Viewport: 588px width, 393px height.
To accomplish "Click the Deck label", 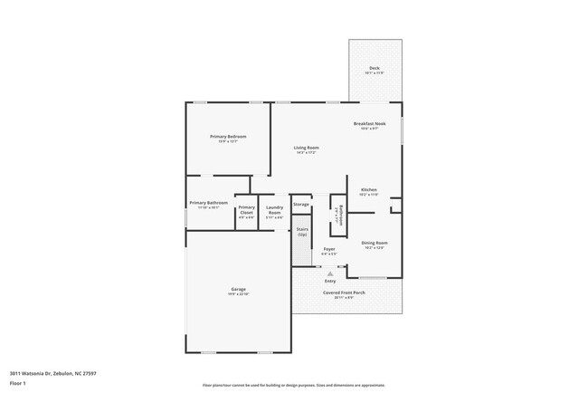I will click(375, 68).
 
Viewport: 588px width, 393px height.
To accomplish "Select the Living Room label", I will click(307, 147).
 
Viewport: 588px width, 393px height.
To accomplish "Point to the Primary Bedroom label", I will click(228, 136).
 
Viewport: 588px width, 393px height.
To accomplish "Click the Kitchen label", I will click(368, 189).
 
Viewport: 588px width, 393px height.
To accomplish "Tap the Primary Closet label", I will click(247, 210).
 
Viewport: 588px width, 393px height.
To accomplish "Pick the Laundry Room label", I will click(275, 210).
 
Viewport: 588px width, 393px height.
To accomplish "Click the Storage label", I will click(301, 205).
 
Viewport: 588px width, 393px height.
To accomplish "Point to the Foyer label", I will click(329, 249).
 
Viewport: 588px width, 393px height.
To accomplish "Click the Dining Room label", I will click(375, 243).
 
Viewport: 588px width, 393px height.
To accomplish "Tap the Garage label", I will click(238, 289).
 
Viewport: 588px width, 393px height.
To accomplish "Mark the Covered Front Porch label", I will click(346, 292).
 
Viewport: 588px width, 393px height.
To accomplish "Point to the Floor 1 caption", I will click(18, 382).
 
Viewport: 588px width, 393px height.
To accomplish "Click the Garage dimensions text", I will click(238, 294).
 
